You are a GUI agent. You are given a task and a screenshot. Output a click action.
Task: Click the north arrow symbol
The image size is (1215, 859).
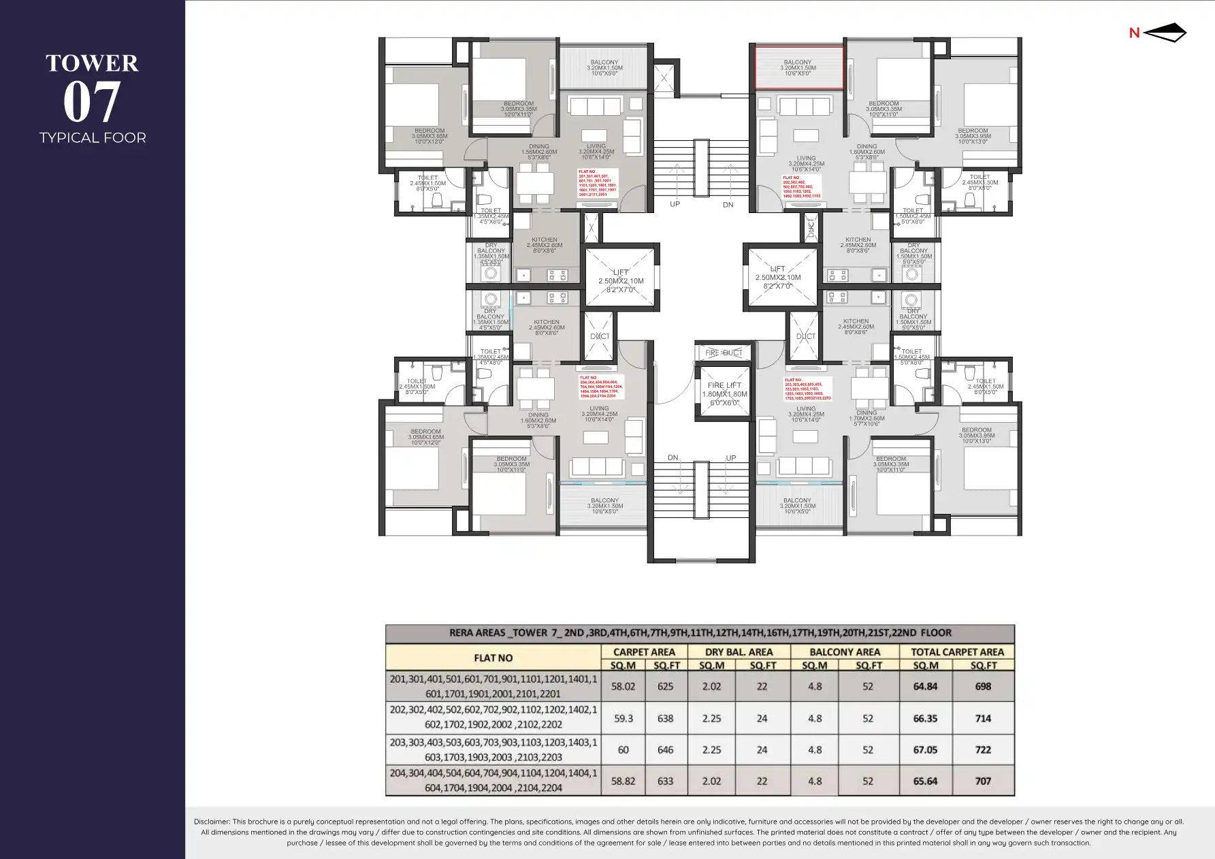coord(1165,33)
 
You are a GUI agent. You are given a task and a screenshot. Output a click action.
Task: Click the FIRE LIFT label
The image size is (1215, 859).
coord(724,385)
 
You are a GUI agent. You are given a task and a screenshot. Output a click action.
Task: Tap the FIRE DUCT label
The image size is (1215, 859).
coord(724,353)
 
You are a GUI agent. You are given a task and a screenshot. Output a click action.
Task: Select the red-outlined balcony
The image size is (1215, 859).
coord(798,67)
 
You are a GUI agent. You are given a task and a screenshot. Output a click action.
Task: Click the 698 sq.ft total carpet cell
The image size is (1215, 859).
coord(983,686)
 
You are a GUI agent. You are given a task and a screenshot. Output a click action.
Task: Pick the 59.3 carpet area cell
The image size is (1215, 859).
coord(623,718)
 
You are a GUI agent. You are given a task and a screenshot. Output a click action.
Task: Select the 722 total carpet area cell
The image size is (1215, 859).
coord(983,749)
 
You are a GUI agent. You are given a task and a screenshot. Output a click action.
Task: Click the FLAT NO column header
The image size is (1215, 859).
coord(493,658)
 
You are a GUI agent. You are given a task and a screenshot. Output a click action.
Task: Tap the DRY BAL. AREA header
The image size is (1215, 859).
coord(739,651)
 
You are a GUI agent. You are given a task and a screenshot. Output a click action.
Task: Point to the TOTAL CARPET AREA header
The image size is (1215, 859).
coord(957,651)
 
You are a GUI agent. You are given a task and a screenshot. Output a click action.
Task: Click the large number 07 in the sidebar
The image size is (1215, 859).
coord(92,102)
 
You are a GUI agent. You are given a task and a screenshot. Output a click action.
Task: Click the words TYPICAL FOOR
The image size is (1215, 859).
coord(93,137)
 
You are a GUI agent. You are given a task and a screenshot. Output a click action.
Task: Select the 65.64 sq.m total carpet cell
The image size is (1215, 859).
coord(925,781)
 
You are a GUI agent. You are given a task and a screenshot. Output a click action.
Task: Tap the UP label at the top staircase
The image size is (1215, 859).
coord(675,204)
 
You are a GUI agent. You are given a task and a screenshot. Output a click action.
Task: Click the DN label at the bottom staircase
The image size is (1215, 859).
coord(673,457)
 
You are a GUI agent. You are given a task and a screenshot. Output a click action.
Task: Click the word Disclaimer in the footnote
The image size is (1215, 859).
coord(212,822)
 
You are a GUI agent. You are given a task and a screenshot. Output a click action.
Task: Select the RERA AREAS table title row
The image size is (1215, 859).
coord(700,632)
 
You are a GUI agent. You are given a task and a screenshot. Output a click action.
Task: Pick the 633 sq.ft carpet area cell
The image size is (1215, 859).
coord(665,781)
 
